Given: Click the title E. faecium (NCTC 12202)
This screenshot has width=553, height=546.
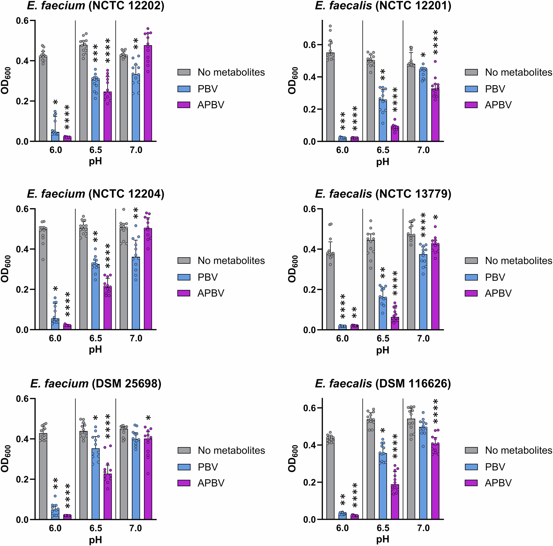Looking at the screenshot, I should (96, 6).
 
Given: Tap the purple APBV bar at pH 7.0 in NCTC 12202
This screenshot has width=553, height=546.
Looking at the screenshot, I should (148, 95).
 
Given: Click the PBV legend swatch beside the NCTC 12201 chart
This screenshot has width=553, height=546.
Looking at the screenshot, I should (471, 89).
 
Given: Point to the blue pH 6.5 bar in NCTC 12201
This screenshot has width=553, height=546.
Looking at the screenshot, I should (383, 120).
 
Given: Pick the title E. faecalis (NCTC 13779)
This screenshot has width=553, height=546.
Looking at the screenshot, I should (383, 194).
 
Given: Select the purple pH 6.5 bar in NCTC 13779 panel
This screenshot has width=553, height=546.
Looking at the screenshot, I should (395, 324).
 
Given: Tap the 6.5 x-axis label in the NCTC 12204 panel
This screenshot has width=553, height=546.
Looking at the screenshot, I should (96, 339).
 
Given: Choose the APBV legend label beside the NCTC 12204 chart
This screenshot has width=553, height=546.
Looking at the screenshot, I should (211, 293).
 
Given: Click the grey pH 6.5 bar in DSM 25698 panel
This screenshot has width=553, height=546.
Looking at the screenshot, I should (84, 475).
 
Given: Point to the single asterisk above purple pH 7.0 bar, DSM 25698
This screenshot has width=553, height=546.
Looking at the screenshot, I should (148, 418).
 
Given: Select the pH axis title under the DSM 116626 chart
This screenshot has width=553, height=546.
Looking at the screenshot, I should (383, 539).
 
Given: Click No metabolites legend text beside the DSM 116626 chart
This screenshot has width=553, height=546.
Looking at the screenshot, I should (518, 450).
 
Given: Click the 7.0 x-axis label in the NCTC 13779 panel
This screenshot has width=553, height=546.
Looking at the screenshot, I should (423, 339).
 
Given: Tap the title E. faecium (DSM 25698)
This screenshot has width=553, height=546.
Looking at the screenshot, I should (96, 383).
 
